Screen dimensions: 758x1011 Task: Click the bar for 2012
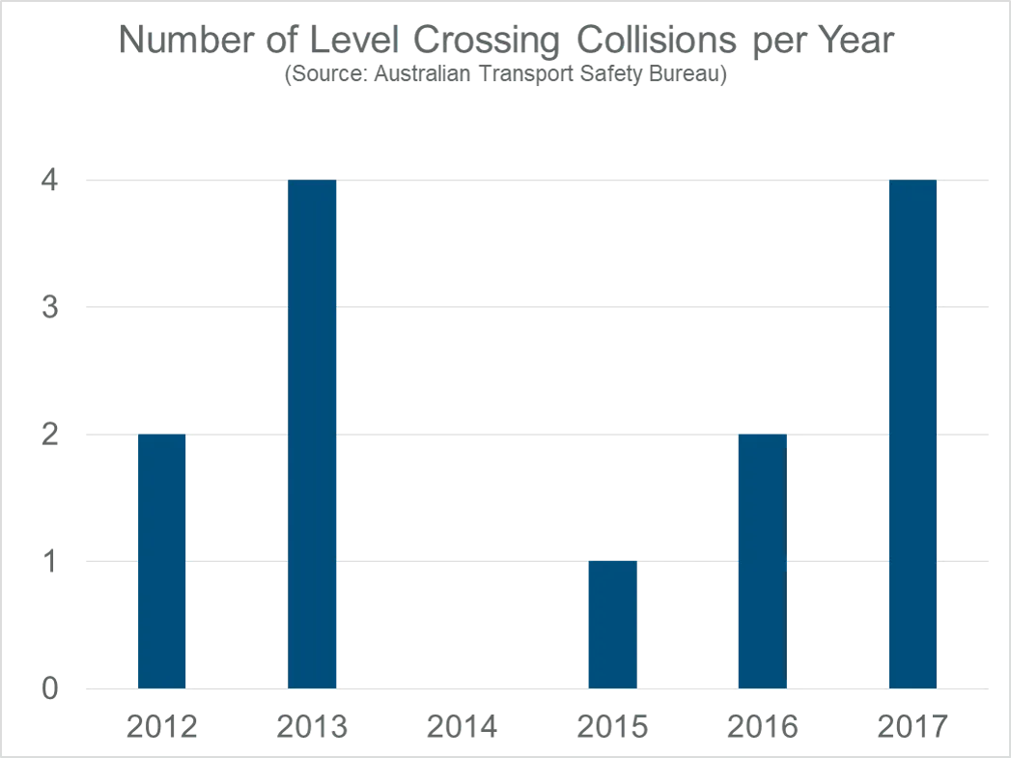pyautogui.click(x=161, y=561)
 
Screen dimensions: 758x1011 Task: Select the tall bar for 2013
pyautogui.click(x=312, y=435)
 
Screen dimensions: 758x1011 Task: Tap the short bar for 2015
pyautogui.click(x=613, y=624)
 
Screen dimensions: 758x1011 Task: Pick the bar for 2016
pyautogui.click(x=762, y=561)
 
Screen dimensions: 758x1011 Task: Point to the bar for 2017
pyautogui.click(x=913, y=435)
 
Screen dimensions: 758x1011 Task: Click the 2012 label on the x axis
pyautogui.click(x=161, y=725)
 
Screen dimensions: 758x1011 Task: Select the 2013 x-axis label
pyautogui.click(x=312, y=725)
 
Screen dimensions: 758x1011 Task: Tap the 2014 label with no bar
pyautogui.click(x=463, y=725)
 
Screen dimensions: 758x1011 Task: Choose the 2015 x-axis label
pyautogui.click(x=613, y=725)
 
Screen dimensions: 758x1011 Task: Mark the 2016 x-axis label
pyautogui.click(x=763, y=725)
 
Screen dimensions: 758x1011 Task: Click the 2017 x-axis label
pyautogui.click(x=913, y=725)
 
